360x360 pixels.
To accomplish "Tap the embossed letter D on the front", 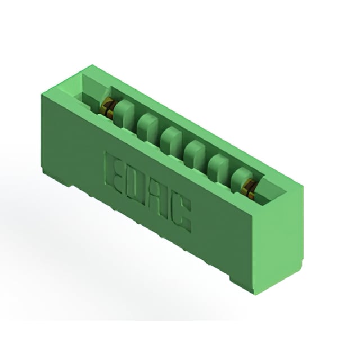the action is (134, 184).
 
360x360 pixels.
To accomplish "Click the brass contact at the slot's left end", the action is (107, 106).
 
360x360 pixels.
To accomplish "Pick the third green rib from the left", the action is (171, 138).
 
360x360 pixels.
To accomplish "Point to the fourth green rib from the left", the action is (194, 151).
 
